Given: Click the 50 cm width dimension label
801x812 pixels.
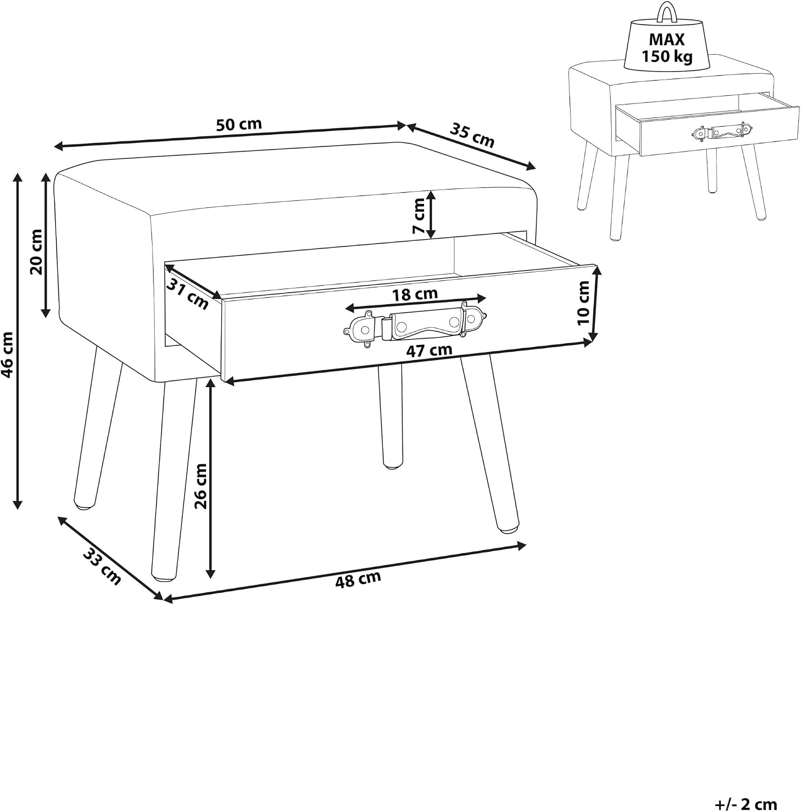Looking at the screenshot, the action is click(x=239, y=125).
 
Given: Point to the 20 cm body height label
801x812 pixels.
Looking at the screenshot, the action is click(x=36, y=251).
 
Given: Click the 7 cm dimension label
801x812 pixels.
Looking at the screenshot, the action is click(x=419, y=215).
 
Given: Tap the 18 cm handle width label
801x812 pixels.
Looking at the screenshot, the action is click(x=415, y=294).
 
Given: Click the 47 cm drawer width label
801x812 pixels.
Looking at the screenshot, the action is click(x=429, y=351).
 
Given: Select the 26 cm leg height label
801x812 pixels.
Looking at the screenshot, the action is click(x=201, y=486).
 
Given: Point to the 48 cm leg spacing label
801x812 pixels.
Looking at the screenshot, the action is click(x=358, y=579).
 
